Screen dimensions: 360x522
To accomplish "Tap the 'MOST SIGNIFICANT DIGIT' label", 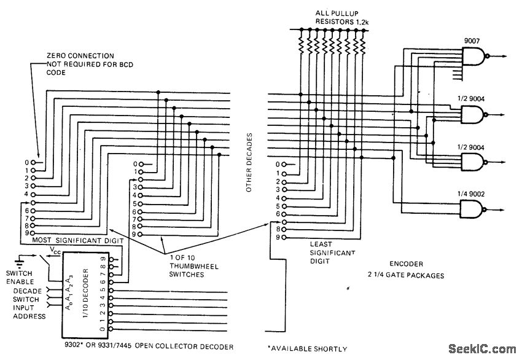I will tap(69, 241).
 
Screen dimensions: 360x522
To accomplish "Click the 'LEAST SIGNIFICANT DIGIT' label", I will tap(332, 252).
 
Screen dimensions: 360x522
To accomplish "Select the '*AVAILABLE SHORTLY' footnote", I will tap(307, 348).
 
